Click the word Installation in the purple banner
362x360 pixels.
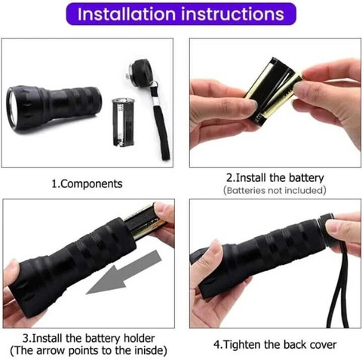(127, 14)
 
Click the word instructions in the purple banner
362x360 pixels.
(232, 14)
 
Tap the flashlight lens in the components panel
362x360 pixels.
(11, 108)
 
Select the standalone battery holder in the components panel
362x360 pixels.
(123, 122)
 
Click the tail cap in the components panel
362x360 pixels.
(140, 72)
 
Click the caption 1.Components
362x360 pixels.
(87, 184)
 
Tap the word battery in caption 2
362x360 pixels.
(306, 178)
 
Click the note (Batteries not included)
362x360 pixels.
(275, 190)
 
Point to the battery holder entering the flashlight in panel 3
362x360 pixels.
(146, 221)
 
